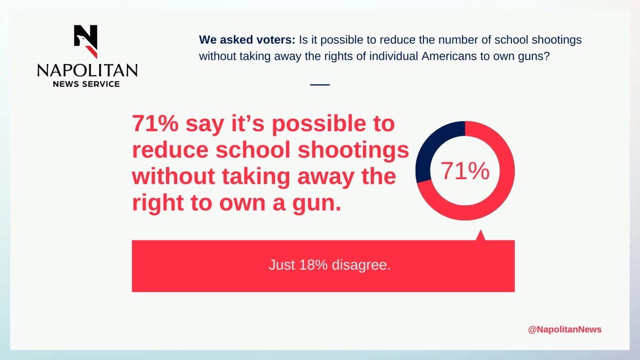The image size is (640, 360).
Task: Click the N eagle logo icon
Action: click(86, 42)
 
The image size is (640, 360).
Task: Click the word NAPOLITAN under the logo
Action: click(87, 70)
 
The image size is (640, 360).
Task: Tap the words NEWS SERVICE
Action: click(86, 84)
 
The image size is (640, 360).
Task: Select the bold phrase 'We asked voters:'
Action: click(247, 39)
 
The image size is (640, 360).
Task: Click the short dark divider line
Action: click(320, 85)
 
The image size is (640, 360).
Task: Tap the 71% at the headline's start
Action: click(155, 123)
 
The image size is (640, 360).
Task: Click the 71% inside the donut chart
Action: click(465, 171)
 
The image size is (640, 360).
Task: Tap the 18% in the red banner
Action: click(314, 265)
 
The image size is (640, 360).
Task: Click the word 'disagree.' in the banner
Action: click(361, 266)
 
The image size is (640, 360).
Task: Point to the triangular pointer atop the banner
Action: click(481, 235)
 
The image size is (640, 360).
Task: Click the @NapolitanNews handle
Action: click(565, 330)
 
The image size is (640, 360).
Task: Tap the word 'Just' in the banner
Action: click(282, 265)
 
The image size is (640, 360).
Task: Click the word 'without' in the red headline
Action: click(173, 177)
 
